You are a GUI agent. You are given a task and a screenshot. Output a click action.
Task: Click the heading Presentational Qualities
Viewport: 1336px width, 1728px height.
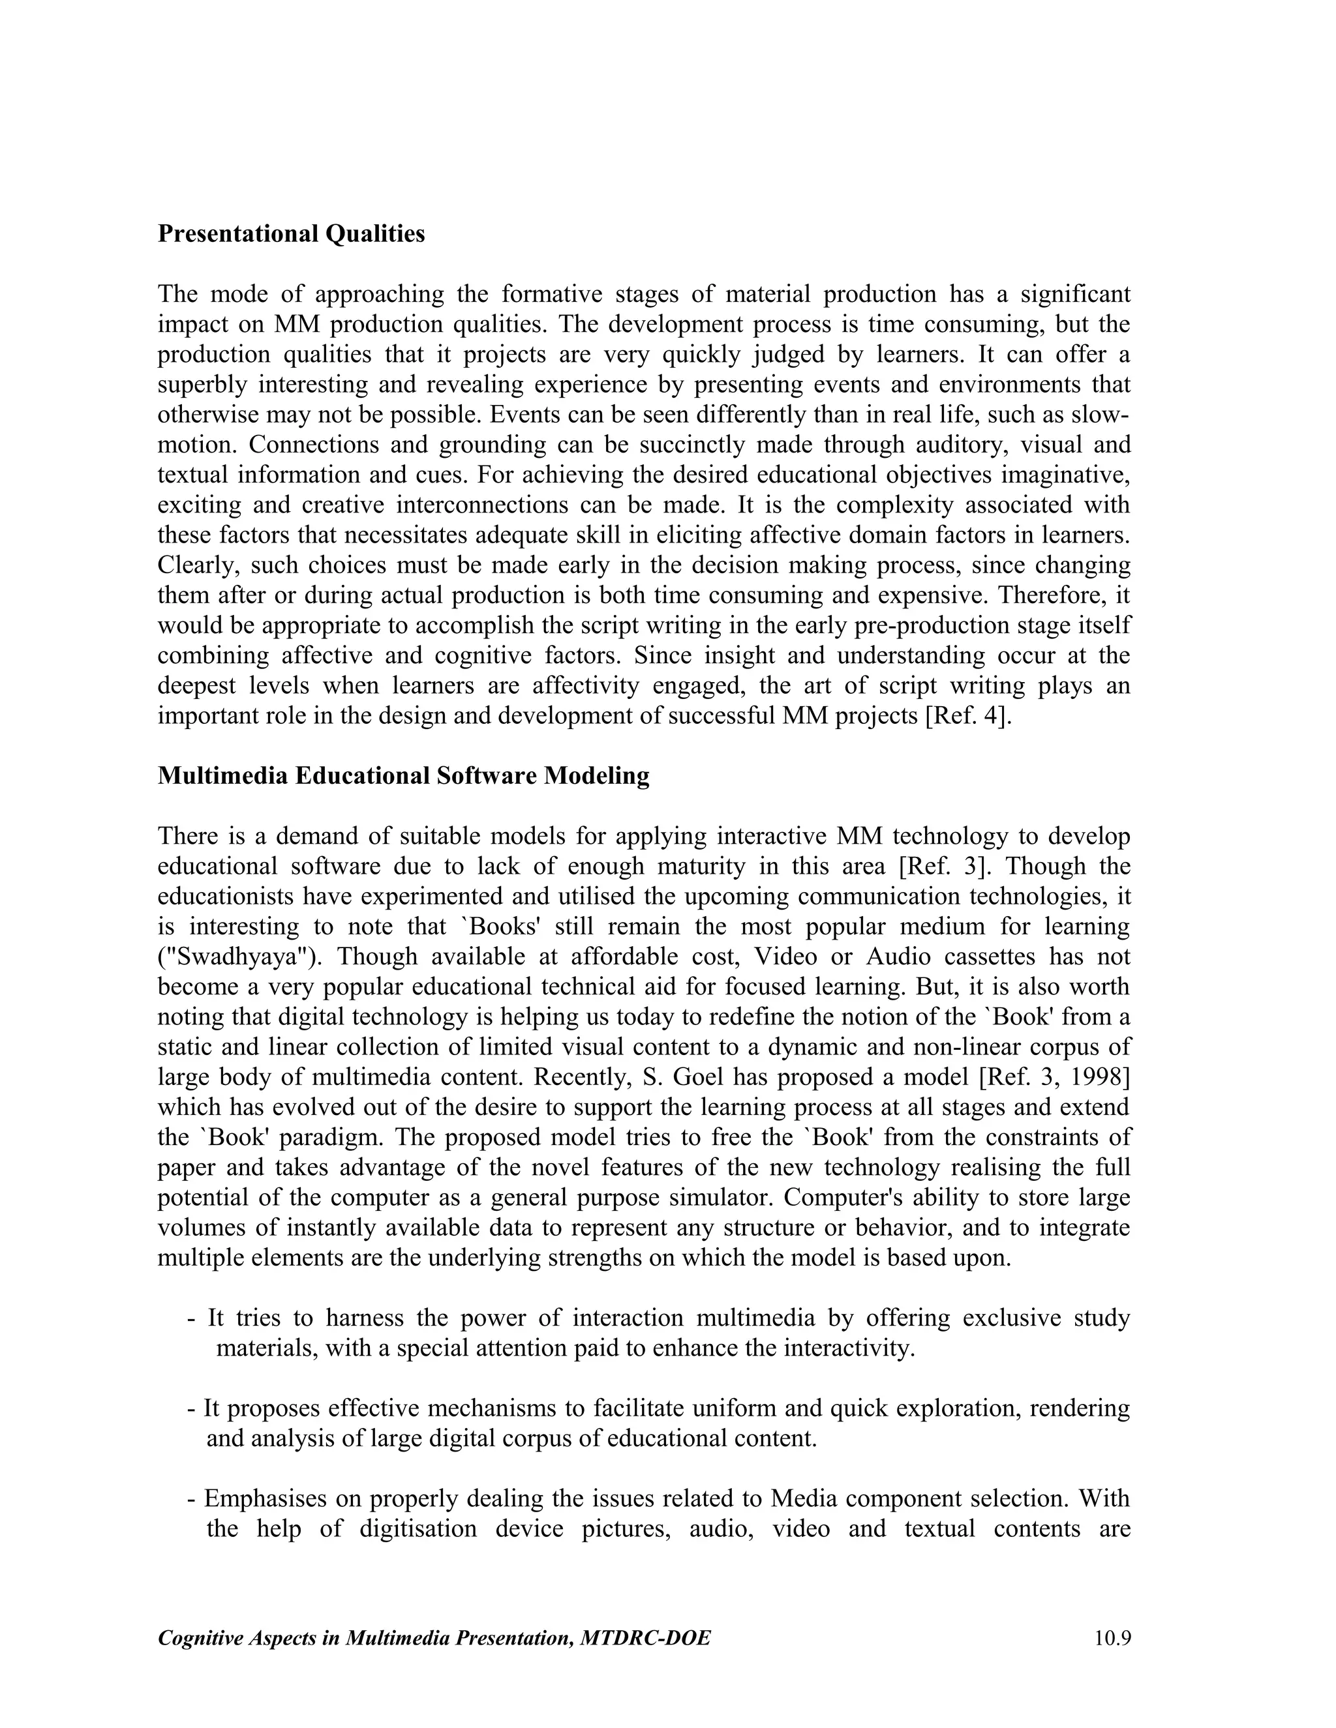coord(290,234)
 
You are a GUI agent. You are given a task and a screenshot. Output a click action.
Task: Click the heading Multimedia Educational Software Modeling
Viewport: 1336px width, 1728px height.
coord(403,775)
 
